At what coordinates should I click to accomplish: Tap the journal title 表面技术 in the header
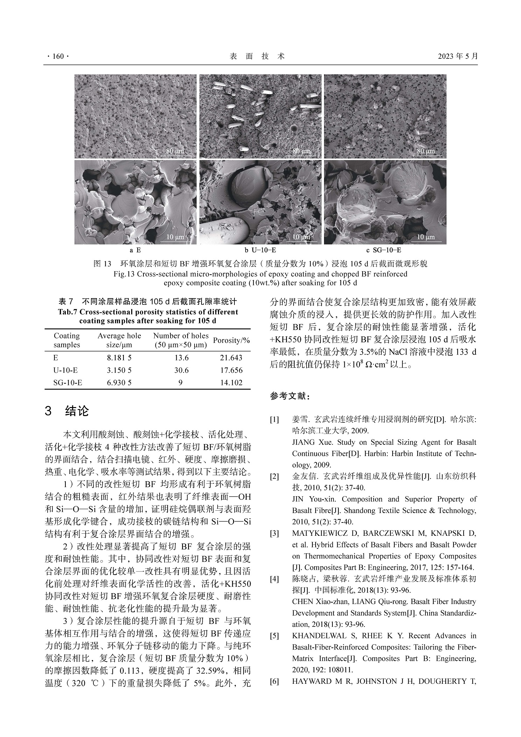[257, 56]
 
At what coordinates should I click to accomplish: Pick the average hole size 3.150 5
[119, 370]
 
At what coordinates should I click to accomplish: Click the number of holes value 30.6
[181, 370]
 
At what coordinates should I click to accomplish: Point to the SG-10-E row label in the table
[68, 382]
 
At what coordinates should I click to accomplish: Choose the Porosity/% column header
[231, 340]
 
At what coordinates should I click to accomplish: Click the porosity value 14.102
[231, 382]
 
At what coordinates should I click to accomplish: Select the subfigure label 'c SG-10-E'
[383, 250]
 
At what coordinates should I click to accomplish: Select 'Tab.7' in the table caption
[68, 312]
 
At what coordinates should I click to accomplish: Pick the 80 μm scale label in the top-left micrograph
[175, 151]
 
